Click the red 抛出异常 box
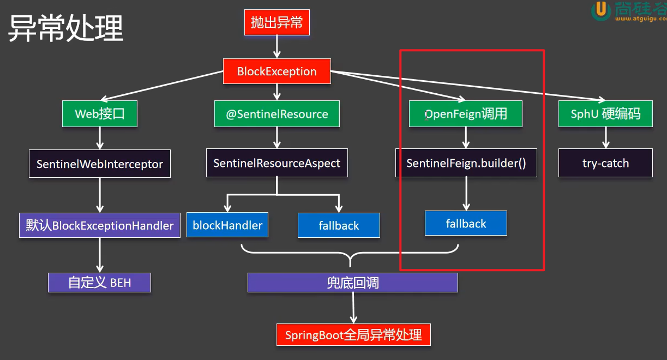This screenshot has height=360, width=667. (x=277, y=22)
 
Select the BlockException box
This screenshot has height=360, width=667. (x=277, y=71)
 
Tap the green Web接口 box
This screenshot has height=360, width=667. (x=99, y=114)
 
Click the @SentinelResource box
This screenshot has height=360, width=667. (x=277, y=114)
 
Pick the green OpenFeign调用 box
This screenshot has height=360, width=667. (x=466, y=114)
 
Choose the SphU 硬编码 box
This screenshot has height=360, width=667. (x=605, y=114)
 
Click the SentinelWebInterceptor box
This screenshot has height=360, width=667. (x=99, y=164)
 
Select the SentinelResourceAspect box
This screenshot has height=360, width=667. (x=277, y=163)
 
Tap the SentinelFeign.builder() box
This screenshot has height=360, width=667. (x=466, y=163)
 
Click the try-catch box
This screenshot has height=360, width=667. (x=605, y=163)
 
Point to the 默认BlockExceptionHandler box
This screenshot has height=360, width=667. (x=99, y=225)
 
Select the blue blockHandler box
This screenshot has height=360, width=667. (x=227, y=225)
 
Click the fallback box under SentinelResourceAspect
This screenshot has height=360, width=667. (x=339, y=225)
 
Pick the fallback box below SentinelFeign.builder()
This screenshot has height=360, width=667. (x=466, y=223)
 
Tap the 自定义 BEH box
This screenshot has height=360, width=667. (x=99, y=283)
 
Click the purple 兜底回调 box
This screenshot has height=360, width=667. (x=352, y=283)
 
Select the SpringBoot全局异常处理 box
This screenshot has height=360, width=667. (x=353, y=334)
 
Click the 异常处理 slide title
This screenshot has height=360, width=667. (x=65, y=28)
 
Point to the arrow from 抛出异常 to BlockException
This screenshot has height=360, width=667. (x=277, y=47)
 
